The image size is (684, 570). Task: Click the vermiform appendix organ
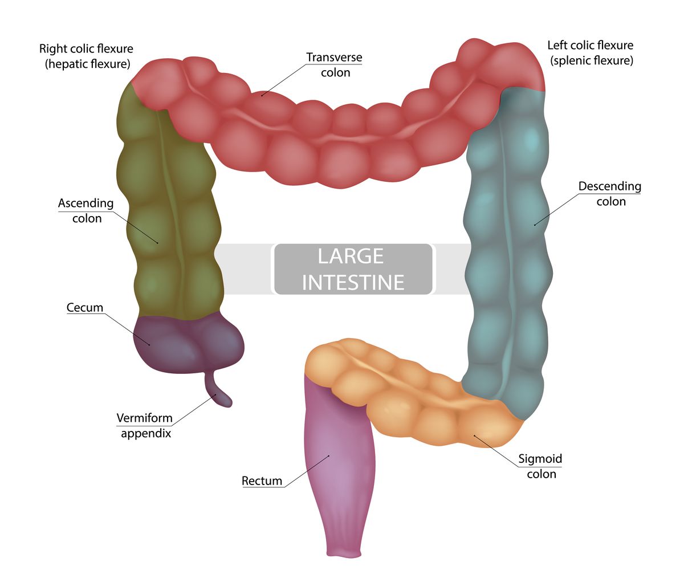(219, 393)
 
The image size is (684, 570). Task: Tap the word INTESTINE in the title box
(353, 282)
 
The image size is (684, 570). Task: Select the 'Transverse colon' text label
(334, 65)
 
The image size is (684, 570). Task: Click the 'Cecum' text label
(85, 308)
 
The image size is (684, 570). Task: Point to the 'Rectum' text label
(262, 481)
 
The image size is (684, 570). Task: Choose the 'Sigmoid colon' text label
(541, 466)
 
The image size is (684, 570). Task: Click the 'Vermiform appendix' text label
(144, 425)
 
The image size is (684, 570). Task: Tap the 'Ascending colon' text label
(86, 211)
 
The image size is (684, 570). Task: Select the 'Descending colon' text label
(610, 194)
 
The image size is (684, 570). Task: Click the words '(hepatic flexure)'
(87, 64)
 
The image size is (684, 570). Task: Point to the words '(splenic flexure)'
(592, 60)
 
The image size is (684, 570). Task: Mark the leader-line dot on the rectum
(329, 456)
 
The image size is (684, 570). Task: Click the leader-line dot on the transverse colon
(262, 95)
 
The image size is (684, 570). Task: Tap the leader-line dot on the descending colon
(535, 225)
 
